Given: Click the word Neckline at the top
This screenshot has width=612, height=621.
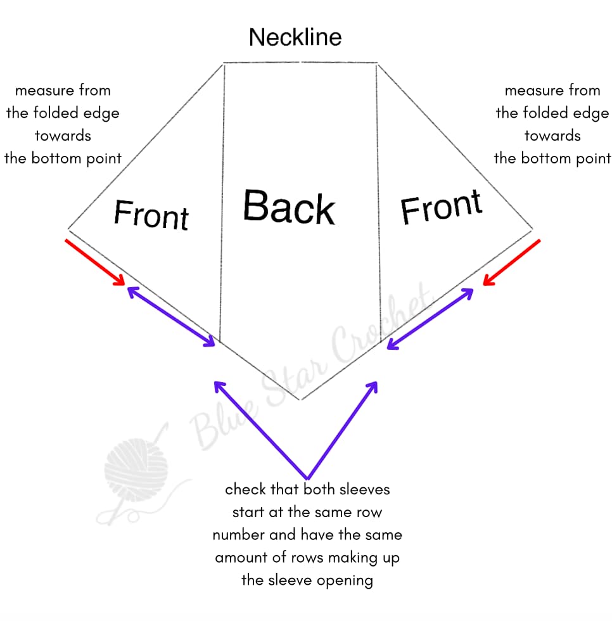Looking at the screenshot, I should (295, 37).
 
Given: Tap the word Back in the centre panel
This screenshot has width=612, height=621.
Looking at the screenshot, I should (289, 207).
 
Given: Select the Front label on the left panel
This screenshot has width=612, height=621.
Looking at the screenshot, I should (151, 214).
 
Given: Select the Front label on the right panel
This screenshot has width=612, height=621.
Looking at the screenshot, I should (442, 207).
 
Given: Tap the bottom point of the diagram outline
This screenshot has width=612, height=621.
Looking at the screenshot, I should (302, 400).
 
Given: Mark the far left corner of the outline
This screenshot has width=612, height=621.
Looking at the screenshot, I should (68, 228).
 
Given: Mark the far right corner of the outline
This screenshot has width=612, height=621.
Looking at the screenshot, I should (532, 229).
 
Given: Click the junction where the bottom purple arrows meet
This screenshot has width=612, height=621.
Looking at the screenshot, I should (307, 478).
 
